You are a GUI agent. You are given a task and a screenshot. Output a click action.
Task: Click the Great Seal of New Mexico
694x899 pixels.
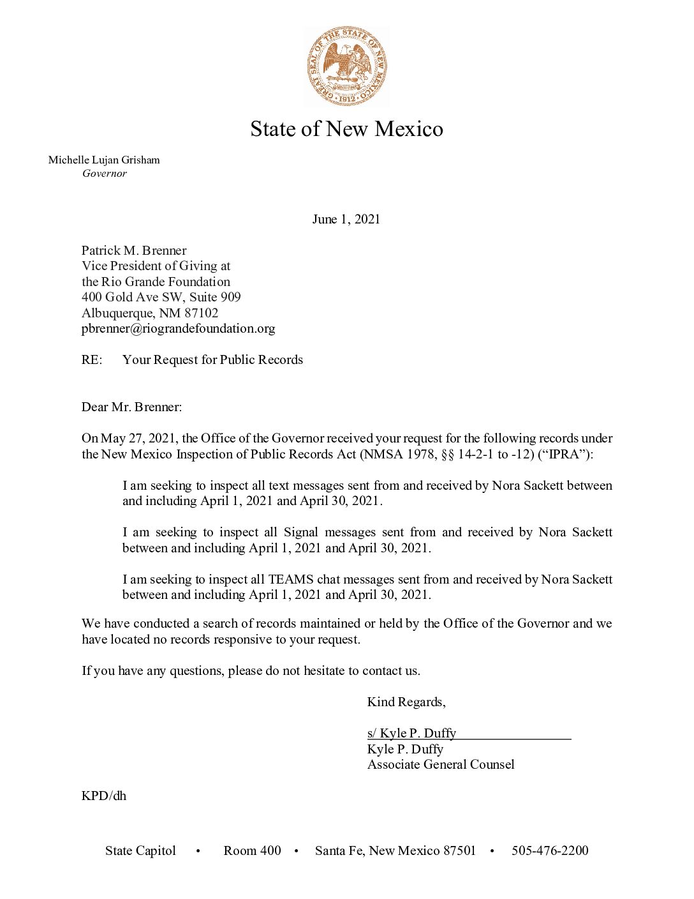click(x=347, y=66)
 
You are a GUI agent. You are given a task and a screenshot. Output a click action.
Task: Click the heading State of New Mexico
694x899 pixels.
click(x=346, y=129)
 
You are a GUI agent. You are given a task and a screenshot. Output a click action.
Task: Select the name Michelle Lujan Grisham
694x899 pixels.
click(x=104, y=160)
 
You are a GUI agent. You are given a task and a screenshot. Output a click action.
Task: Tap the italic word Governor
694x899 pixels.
click(x=105, y=174)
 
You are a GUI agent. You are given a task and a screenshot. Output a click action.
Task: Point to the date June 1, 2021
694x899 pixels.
click(x=346, y=220)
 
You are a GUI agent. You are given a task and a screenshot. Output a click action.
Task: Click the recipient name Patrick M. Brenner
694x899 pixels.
click(x=134, y=250)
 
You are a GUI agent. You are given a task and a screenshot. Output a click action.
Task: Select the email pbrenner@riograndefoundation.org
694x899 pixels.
click(x=178, y=329)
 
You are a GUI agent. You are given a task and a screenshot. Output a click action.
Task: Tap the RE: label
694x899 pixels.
click(x=92, y=360)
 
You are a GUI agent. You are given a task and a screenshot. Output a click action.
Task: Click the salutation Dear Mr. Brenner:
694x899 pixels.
click(x=131, y=407)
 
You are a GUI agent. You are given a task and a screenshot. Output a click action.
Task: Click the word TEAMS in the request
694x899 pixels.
click(x=290, y=580)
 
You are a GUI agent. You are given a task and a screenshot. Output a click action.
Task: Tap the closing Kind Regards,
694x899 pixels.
click(x=406, y=702)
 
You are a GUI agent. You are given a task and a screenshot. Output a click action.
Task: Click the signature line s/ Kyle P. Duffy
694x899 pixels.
click(x=411, y=734)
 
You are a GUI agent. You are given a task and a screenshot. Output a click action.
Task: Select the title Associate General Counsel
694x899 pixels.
click(x=441, y=765)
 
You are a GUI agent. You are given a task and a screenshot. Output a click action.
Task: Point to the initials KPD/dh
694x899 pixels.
click(x=104, y=796)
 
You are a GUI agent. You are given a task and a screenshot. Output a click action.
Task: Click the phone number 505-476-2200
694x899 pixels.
click(x=550, y=851)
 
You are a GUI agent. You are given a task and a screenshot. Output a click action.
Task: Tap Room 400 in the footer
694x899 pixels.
click(x=252, y=851)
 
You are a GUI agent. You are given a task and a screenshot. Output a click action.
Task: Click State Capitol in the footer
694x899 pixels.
click(x=140, y=851)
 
